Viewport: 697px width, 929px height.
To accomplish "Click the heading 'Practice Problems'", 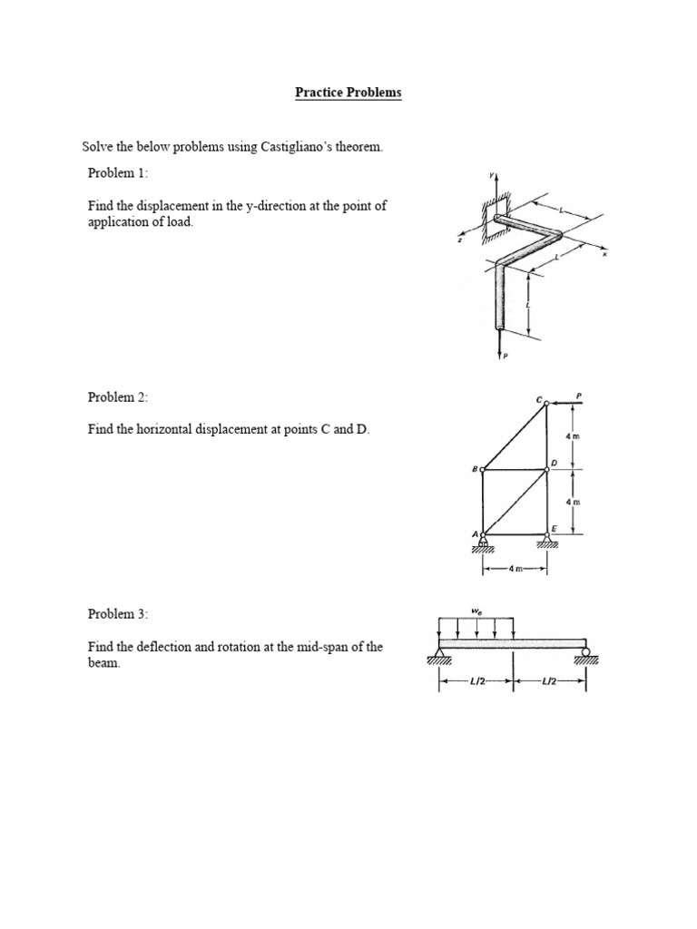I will coord(348,93).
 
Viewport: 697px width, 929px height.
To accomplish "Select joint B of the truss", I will coord(482,469).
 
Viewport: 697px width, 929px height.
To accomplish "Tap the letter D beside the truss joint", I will coord(555,462).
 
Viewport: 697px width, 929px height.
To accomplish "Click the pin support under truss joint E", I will coord(546,541).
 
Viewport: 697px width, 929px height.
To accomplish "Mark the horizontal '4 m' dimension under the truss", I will coord(514,569).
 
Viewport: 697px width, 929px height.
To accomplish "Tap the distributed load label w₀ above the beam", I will coord(476,611).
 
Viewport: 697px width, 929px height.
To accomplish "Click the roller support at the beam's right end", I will coord(586,652).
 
